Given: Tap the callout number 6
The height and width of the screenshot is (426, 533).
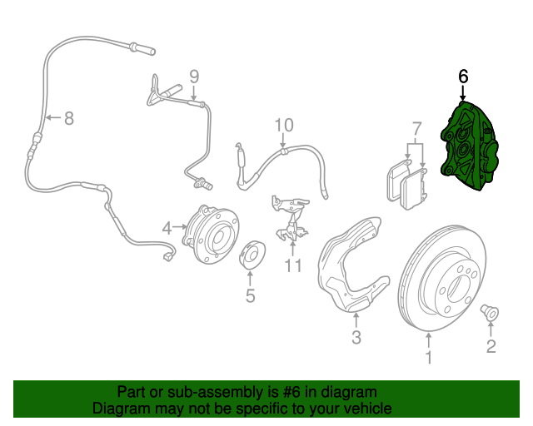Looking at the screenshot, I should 463,77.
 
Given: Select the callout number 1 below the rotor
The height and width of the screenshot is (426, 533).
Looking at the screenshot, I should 429,359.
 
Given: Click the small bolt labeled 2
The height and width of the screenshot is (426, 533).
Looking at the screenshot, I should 489,314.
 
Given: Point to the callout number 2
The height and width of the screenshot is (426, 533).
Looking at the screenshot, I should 491,346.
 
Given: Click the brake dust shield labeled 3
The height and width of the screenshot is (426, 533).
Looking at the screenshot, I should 350,266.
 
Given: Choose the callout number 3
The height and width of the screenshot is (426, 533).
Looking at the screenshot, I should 356,338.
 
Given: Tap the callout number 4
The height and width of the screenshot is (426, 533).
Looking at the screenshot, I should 167,227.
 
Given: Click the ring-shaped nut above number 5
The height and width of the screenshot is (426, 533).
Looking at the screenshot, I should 249,257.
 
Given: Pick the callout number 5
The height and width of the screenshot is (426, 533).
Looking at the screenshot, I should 250,295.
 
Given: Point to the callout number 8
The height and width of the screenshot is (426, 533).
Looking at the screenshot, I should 68,118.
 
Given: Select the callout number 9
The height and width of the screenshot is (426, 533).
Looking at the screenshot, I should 194,77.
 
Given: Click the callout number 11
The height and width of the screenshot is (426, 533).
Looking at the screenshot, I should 291,266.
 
